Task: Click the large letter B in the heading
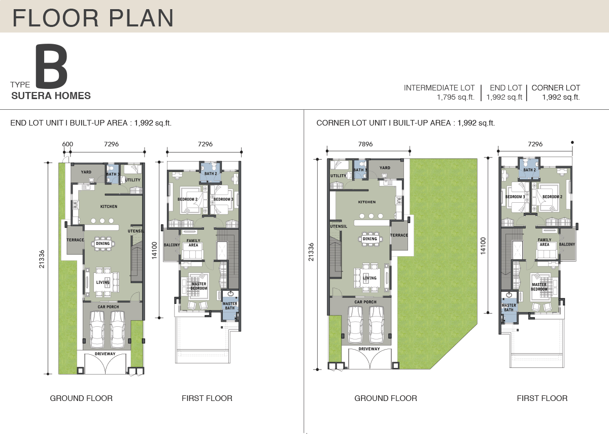(x=52, y=67)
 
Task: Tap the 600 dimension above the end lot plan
(x=67, y=144)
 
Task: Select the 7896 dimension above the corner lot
(x=365, y=144)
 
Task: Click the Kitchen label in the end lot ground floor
(x=109, y=206)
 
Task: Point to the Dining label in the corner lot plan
(x=370, y=239)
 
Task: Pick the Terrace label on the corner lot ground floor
(x=399, y=235)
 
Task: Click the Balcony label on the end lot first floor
(x=172, y=245)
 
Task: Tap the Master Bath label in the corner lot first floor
(x=509, y=307)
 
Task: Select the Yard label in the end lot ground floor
(x=86, y=172)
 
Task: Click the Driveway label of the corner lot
(x=369, y=349)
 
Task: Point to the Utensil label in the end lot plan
(x=136, y=231)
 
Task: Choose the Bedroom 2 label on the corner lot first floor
(x=553, y=197)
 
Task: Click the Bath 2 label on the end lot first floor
(x=211, y=173)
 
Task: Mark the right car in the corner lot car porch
(x=377, y=325)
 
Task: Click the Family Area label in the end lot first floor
(x=193, y=243)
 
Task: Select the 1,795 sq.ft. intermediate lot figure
(x=456, y=97)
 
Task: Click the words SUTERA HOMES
(x=51, y=96)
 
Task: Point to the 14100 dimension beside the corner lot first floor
(x=483, y=246)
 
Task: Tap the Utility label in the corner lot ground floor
(x=339, y=176)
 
